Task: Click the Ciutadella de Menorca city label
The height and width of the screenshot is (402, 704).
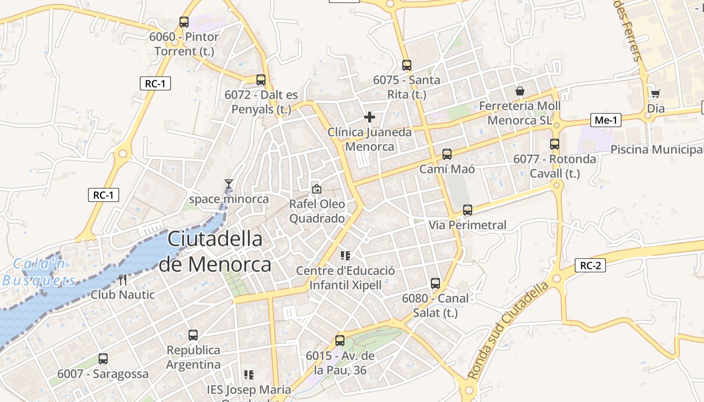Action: pos(215,251)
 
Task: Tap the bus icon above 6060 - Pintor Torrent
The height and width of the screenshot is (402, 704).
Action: pos(184,22)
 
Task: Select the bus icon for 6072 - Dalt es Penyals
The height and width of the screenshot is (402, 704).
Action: pos(260,79)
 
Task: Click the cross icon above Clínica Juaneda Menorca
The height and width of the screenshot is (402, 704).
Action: pos(370,117)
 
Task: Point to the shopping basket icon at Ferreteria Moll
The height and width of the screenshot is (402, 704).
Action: pos(520,91)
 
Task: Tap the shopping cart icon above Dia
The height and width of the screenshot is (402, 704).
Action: pos(655,93)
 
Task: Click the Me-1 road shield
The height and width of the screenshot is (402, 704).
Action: pos(605,120)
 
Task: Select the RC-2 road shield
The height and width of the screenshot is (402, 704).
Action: pos(590,265)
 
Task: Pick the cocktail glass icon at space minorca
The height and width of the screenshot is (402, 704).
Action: pos(229,184)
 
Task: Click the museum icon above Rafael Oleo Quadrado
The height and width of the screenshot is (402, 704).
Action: pos(317,189)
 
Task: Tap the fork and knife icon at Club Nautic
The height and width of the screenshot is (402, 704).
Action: pos(123,279)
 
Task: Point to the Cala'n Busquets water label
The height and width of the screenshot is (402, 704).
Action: pos(39,272)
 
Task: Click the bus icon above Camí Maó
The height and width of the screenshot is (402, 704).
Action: pos(447,154)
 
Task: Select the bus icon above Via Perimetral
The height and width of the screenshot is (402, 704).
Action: pos(468,210)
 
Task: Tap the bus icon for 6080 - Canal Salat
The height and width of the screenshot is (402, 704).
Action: pos(435,283)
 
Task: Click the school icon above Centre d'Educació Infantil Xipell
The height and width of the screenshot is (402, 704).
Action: pos(345,256)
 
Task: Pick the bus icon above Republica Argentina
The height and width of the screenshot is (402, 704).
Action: pos(193,335)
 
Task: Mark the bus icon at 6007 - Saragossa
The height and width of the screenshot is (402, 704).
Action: pos(103,359)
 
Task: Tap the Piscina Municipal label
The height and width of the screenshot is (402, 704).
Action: pos(656,150)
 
